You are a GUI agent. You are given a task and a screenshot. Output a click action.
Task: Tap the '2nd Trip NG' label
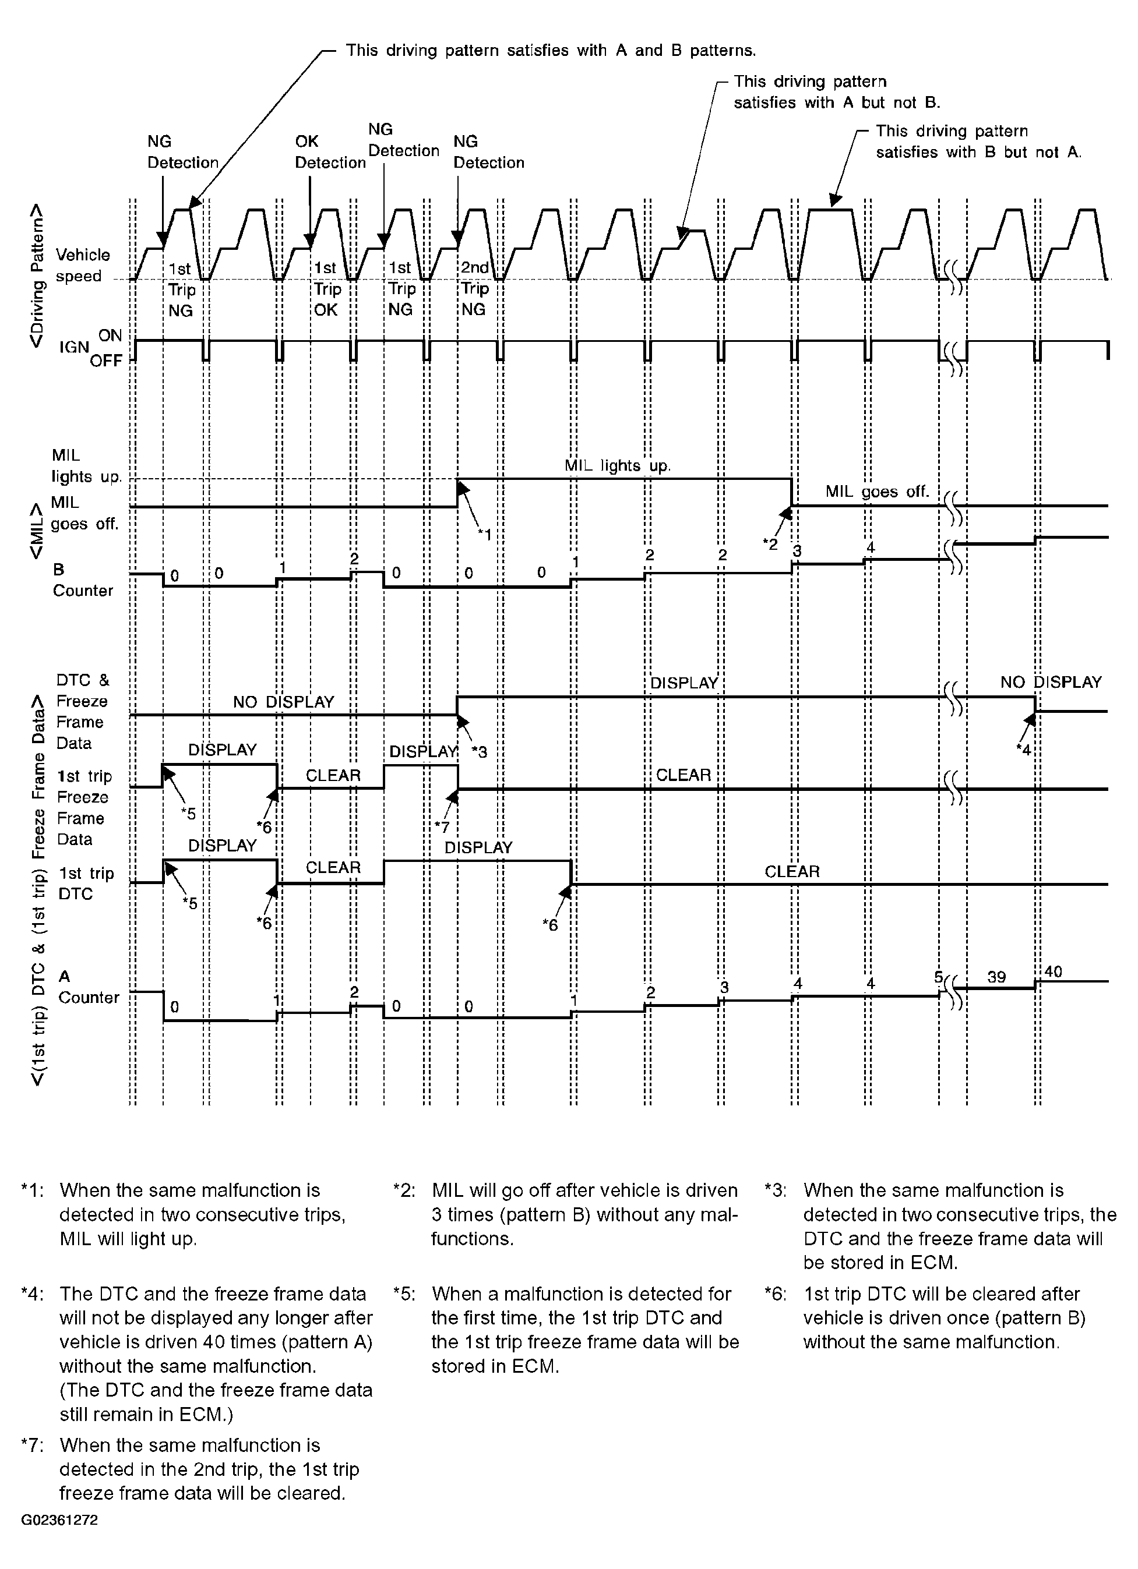[475, 288]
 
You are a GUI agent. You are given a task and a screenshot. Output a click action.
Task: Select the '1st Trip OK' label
[325, 288]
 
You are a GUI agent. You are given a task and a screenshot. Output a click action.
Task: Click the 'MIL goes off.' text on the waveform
[877, 492]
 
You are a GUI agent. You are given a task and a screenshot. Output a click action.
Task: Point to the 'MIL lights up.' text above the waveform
[618, 465]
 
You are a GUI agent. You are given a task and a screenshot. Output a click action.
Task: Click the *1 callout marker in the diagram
[485, 533]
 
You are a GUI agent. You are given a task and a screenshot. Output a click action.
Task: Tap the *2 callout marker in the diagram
[770, 544]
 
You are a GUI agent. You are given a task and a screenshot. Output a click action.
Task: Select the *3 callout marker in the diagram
[479, 752]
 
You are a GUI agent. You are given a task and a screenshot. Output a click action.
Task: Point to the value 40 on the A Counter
[1053, 972]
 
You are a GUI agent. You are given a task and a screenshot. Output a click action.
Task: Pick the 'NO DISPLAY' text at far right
[1050, 682]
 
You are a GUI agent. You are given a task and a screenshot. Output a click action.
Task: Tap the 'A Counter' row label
[87, 987]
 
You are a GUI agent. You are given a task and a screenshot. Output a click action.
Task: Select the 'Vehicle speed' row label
[82, 266]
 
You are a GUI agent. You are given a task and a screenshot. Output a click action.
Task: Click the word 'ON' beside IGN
[110, 335]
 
